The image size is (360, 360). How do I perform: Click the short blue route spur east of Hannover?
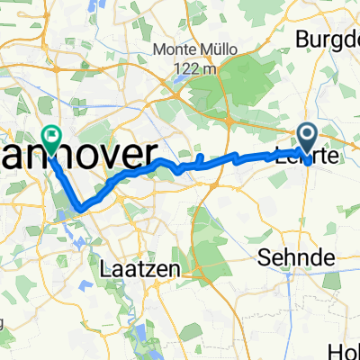click(x=199, y=160)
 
